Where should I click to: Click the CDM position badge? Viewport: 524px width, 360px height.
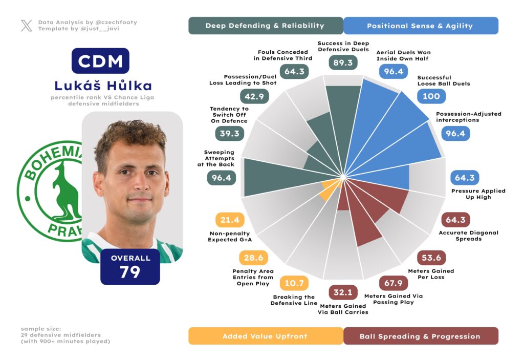click(x=100, y=61)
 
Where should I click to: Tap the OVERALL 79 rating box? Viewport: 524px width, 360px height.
click(x=130, y=267)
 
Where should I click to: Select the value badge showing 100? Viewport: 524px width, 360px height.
click(x=431, y=96)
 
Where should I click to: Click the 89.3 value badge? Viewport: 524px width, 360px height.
click(x=342, y=62)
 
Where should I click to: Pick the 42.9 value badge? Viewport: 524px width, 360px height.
click(x=254, y=96)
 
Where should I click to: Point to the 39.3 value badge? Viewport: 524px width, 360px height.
click(x=229, y=133)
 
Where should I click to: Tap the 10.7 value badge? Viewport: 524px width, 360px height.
click(x=294, y=283)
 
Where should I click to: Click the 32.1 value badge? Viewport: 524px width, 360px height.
click(x=342, y=292)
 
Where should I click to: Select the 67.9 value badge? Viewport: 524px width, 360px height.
click(x=393, y=283)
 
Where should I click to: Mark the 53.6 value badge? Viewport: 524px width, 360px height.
click(x=431, y=258)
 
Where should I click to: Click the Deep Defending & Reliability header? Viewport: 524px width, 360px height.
click(x=265, y=26)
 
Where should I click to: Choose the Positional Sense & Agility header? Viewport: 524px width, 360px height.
click(x=421, y=26)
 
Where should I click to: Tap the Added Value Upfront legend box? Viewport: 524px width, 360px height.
click(x=265, y=336)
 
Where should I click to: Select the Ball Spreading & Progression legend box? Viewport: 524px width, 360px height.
click(x=421, y=336)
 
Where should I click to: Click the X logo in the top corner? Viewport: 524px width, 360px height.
click(x=27, y=26)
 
